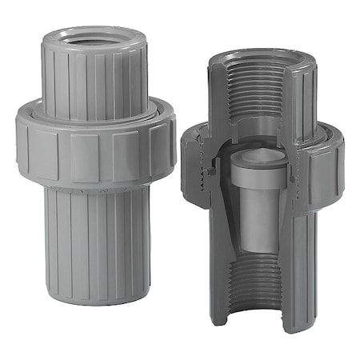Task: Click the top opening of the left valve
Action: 94,37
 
